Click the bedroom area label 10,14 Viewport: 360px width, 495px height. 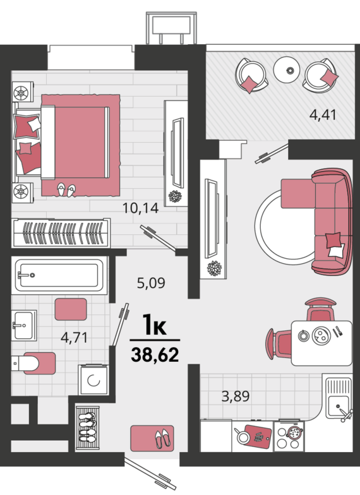tap(140, 208)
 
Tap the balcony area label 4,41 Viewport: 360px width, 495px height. tap(323, 114)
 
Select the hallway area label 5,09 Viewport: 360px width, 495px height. tap(151, 283)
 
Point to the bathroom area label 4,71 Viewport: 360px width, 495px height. tap(74, 337)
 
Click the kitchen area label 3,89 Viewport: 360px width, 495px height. tap(236, 396)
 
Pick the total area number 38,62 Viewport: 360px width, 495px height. tap(155, 355)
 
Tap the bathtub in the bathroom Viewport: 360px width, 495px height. tap(59, 275)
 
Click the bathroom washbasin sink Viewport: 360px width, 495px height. tap(24, 325)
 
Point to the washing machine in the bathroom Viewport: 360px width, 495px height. tap(93, 380)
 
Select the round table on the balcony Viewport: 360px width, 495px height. tap(288, 70)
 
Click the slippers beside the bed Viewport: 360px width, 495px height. tap(66, 189)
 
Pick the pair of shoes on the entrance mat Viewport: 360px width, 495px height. tap(163, 438)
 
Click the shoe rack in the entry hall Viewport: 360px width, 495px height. tap(88, 428)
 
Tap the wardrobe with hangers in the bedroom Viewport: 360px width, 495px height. tap(61, 233)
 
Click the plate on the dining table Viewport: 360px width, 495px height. tap(320, 335)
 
